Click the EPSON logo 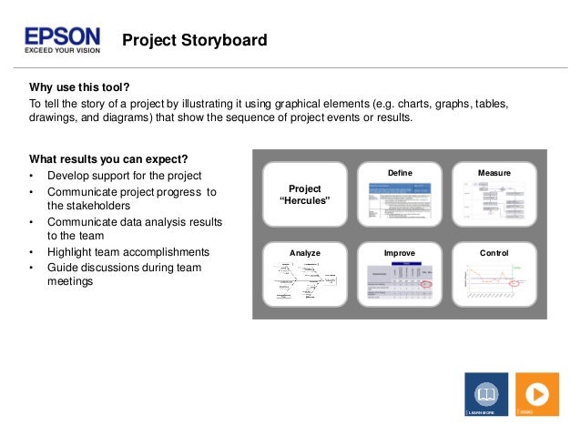click(x=62, y=36)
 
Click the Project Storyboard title click(x=194, y=40)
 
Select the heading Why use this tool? click(x=80, y=87)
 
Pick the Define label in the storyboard click(x=400, y=172)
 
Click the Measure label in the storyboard click(x=494, y=172)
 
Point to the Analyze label click(x=305, y=252)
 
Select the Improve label click(x=400, y=252)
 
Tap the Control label click(x=494, y=252)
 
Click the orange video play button click(x=536, y=393)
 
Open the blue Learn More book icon click(x=486, y=393)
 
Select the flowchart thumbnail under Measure click(x=493, y=201)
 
